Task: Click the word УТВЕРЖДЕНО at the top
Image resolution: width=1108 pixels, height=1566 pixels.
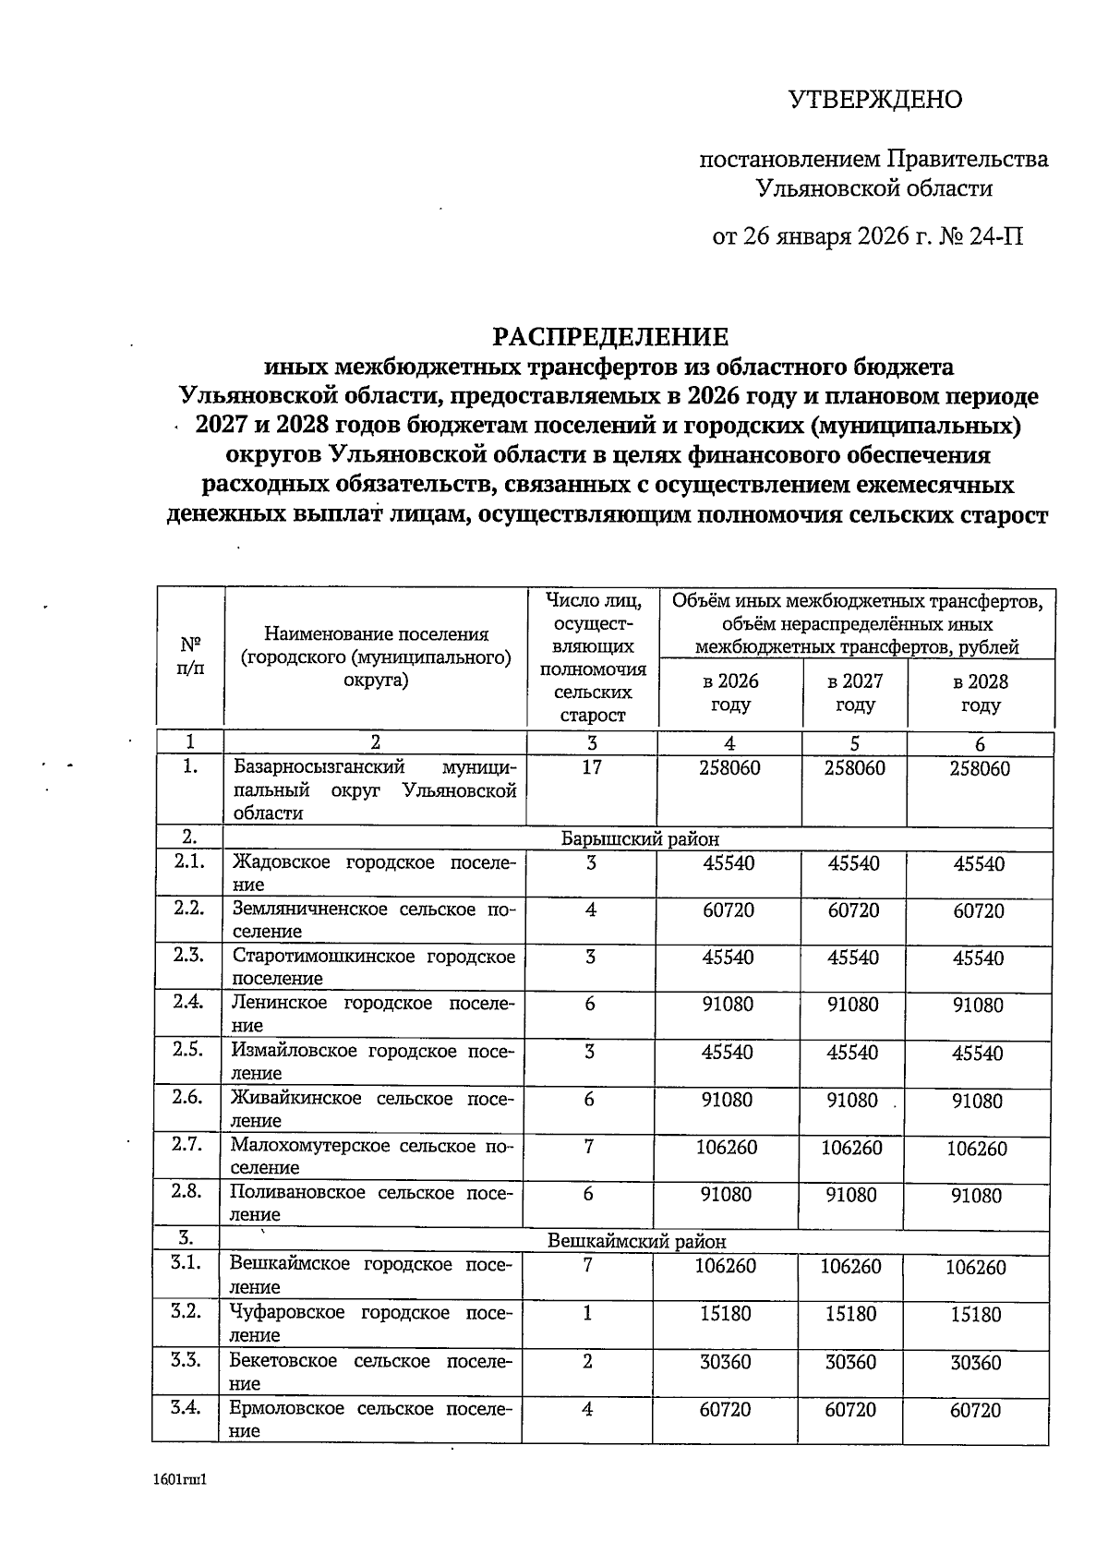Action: (874, 100)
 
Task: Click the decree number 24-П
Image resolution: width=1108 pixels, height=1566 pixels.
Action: (995, 236)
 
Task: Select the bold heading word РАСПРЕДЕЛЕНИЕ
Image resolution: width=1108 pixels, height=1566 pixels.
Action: (609, 336)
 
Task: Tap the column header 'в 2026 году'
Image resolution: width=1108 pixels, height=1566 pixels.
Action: (730, 693)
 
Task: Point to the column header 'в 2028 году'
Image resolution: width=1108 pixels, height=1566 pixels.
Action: (980, 693)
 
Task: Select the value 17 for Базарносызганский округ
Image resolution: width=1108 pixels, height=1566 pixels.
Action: (592, 767)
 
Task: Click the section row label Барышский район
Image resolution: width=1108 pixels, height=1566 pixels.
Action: (640, 838)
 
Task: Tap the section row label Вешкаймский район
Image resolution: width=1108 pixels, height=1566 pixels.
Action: (637, 1242)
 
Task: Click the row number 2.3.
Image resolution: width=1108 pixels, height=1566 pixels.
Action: (188, 955)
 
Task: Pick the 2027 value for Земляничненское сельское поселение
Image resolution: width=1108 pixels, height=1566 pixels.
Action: (853, 910)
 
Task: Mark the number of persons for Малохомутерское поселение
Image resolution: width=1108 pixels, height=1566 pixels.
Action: (589, 1147)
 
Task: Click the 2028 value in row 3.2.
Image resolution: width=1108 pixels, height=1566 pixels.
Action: (976, 1314)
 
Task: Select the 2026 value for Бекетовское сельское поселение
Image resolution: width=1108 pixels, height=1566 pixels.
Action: (726, 1362)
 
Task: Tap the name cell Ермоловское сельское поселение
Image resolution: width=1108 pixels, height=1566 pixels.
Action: (372, 1419)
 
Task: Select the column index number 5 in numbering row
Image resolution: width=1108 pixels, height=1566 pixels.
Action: (854, 743)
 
